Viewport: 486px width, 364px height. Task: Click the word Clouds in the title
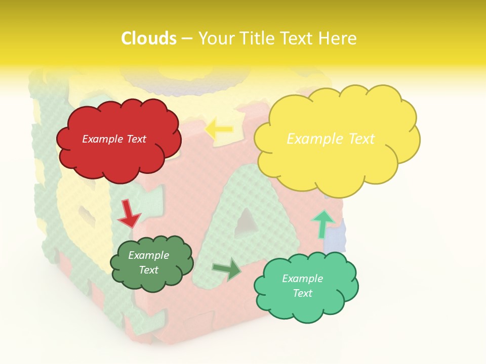[x=149, y=38]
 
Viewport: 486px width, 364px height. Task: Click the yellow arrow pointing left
[x=218, y=129]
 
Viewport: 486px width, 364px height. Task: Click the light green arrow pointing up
[x=322, y=223]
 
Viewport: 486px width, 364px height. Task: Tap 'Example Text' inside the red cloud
[x=114, y=139]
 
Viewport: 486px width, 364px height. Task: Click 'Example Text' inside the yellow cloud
[x=331, y=139]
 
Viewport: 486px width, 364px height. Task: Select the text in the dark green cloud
[x=149, y=262]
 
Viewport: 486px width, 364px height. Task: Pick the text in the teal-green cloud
[x=302, y=286]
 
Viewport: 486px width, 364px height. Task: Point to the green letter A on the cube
[x=223, y=238]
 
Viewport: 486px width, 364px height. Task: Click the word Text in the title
[x=302, y=38]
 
